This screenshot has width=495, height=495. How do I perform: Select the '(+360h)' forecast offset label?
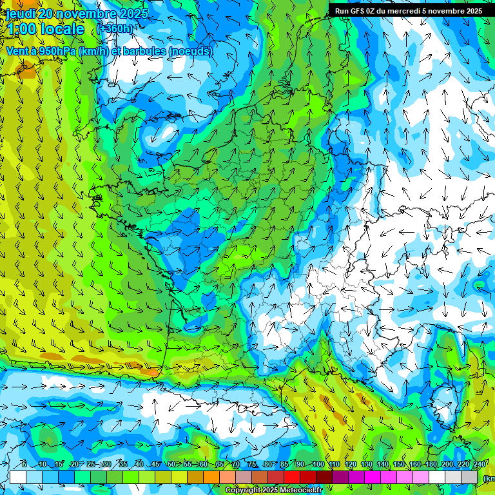click(114, 29)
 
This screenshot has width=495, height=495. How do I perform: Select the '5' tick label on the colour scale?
click(24, 465)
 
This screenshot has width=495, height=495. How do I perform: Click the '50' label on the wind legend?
click(171, 465)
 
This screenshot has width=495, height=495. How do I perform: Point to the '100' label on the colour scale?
click(318, 465)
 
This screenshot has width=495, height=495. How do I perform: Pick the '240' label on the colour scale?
click(479, 465)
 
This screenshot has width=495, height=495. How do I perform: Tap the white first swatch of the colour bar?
click(18, 477)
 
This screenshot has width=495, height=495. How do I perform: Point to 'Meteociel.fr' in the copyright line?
click(301, 490)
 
